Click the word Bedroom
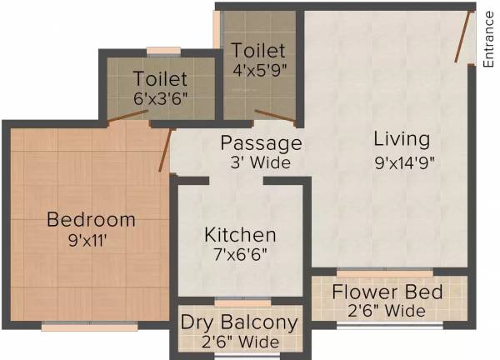point(91,220)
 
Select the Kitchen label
point(240,235)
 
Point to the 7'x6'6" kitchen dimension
point(240,255)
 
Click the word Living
point(402,138)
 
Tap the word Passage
point(261,142)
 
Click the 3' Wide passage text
point(261,162)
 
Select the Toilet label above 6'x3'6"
point(160,80)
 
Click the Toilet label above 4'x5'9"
point(259,51)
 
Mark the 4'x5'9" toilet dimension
point(259,70)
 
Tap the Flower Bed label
point(387,292)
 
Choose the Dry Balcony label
point(239,322)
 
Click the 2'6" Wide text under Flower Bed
point(387,312)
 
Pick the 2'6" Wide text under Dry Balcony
point(239,342)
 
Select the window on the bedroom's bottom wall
point(89,327)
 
